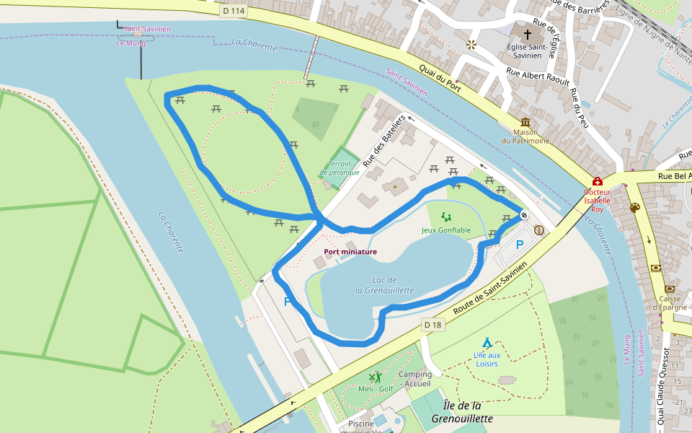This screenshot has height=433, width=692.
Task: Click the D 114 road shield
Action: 233,11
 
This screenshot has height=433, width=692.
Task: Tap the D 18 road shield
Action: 432,325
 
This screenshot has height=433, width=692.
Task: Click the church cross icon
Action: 527,35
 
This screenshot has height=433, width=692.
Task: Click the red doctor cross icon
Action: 597,182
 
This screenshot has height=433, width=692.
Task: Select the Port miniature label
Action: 350,252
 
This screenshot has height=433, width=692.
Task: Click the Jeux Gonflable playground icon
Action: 445,216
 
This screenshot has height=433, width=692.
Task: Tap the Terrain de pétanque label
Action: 339,168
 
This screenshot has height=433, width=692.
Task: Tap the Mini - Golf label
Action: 376,389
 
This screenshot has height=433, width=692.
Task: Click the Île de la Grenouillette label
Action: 462,411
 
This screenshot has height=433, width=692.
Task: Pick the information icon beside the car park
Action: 538,230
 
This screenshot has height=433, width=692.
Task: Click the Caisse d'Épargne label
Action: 672,303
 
